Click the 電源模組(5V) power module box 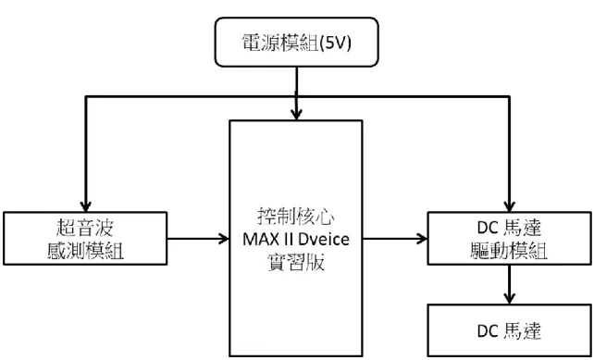coord(297,42)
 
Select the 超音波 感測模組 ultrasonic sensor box coord(85,239)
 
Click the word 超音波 coord(84,229)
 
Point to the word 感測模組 coord(86,251)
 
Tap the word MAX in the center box coord(259,240)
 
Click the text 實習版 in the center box coord(296,262)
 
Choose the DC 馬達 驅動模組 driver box coord(510,239)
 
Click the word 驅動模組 coord(509,251)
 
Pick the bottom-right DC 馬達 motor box coord(510,330)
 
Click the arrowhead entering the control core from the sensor coord(224,239)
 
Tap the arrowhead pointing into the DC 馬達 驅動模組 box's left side coord(422,239)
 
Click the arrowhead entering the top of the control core coord(296,114)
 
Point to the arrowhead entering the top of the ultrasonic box coord(86,206)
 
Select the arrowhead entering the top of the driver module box coord(510,206)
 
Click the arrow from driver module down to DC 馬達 coord(510,284)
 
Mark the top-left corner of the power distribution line coord(86,97)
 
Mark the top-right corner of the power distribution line coord(510,97)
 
